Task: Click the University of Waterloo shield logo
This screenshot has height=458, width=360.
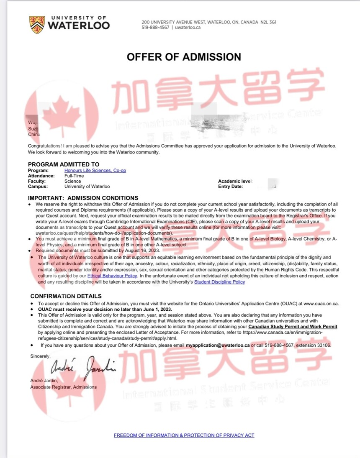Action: pyautogui.click(x=37, y=25)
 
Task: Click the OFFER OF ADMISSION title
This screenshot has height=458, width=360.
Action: pyautogui.click(x=184, y=57)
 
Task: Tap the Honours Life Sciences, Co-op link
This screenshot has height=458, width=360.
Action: pyautogui.click(x=95, y=171)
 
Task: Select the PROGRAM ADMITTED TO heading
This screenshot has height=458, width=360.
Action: pyautogui.click(x=64, y=164)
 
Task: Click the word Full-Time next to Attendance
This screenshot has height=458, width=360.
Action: pyautogui.click(x=74, y=176)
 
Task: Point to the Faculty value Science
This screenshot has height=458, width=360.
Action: pyautogui.click(x=73, y=182)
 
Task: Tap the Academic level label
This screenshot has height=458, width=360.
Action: pyautogui.click(x=235, y=181)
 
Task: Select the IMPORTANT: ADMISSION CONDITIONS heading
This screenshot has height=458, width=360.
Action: pyautogui.click(x=83, y=198)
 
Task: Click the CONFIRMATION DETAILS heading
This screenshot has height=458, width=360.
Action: pyautogui.click(x=66, y=296)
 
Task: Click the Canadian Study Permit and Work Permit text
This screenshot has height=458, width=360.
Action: pyautogui.click(x=293, y=326)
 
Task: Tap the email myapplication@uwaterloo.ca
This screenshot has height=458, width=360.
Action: pyautogui.click(x=218, y=345)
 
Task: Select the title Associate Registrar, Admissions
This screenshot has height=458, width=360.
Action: pyautogui.click(x=63, y=387)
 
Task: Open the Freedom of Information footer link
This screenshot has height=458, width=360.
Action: pyautogui.click(x=184, y=435)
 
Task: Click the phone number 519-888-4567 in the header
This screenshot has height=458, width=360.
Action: pyautogui.click(x=155, y=27)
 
